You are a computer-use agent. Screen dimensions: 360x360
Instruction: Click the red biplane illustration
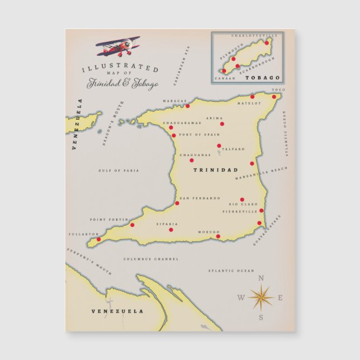(119, 46)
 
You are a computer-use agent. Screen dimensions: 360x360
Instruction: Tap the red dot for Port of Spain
(174, 135)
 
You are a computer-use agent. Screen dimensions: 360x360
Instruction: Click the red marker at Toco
(274, 97)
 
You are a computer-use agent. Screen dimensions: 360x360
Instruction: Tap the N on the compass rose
(260, 278)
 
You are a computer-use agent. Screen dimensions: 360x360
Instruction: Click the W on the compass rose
(241, 297)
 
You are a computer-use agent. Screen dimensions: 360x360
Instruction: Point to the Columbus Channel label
(151, 259)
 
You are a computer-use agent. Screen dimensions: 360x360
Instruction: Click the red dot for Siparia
(171, 229)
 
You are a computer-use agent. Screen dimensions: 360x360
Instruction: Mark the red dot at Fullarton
(99, 239)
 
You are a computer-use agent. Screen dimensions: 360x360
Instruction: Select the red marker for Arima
(222, 124)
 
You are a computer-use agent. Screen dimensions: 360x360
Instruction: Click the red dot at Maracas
(187, 106)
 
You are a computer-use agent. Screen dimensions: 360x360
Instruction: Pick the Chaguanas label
(195, 155)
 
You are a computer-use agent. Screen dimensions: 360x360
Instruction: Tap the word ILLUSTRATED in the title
(120, 68)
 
